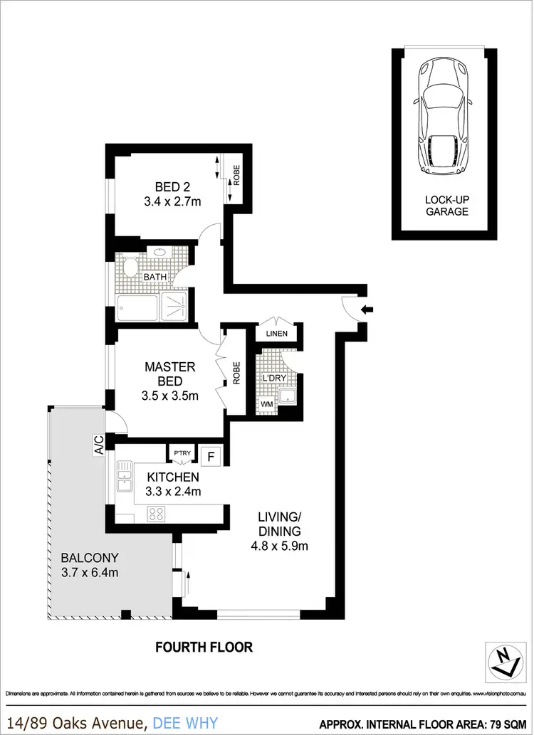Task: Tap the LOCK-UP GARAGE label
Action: point(446,206)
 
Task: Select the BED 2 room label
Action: point(172,194)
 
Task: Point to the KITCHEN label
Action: point(173,483)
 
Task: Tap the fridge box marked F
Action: point(211,454)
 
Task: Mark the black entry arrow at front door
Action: point(367,309)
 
